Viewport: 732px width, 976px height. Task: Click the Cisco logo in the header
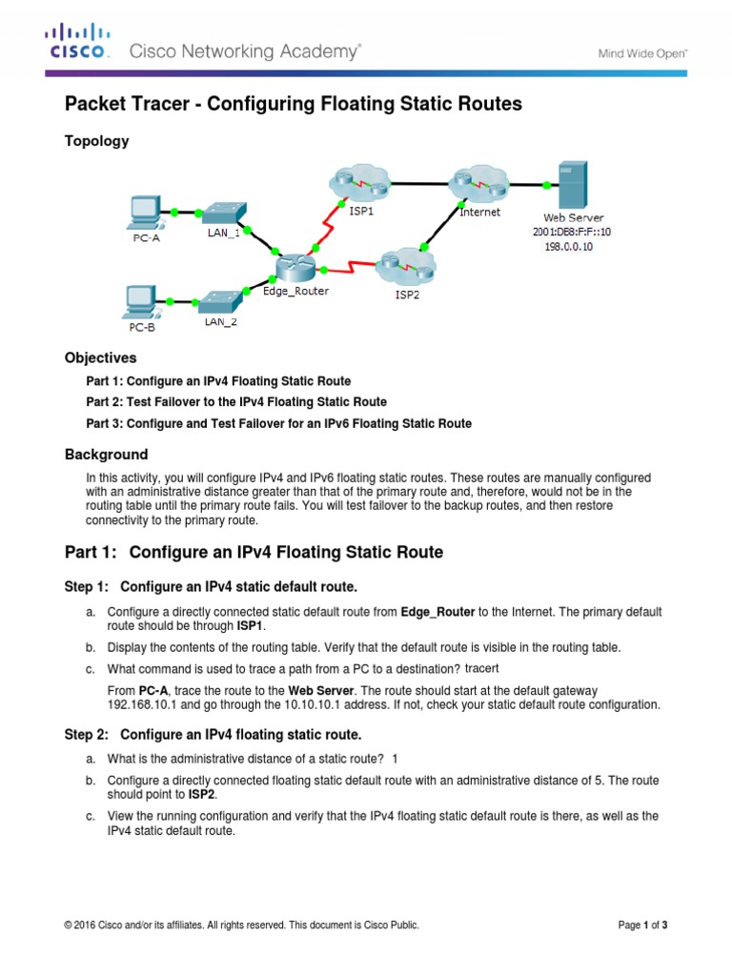[78, 44]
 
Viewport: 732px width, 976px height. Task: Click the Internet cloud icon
[478, 184]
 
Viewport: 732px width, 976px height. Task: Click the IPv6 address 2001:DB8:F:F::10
[572, 232]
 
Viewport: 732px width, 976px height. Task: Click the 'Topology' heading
[96, 141]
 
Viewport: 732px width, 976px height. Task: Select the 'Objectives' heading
[100, 358]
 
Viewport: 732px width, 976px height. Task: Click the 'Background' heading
[106, 455]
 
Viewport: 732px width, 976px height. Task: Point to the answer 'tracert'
[481, 667]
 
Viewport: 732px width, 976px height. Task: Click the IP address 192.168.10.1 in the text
[144, 704]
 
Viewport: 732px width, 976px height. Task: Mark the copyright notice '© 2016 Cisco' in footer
[240, 925]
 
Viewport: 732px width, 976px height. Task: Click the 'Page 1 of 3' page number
[642, 925]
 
